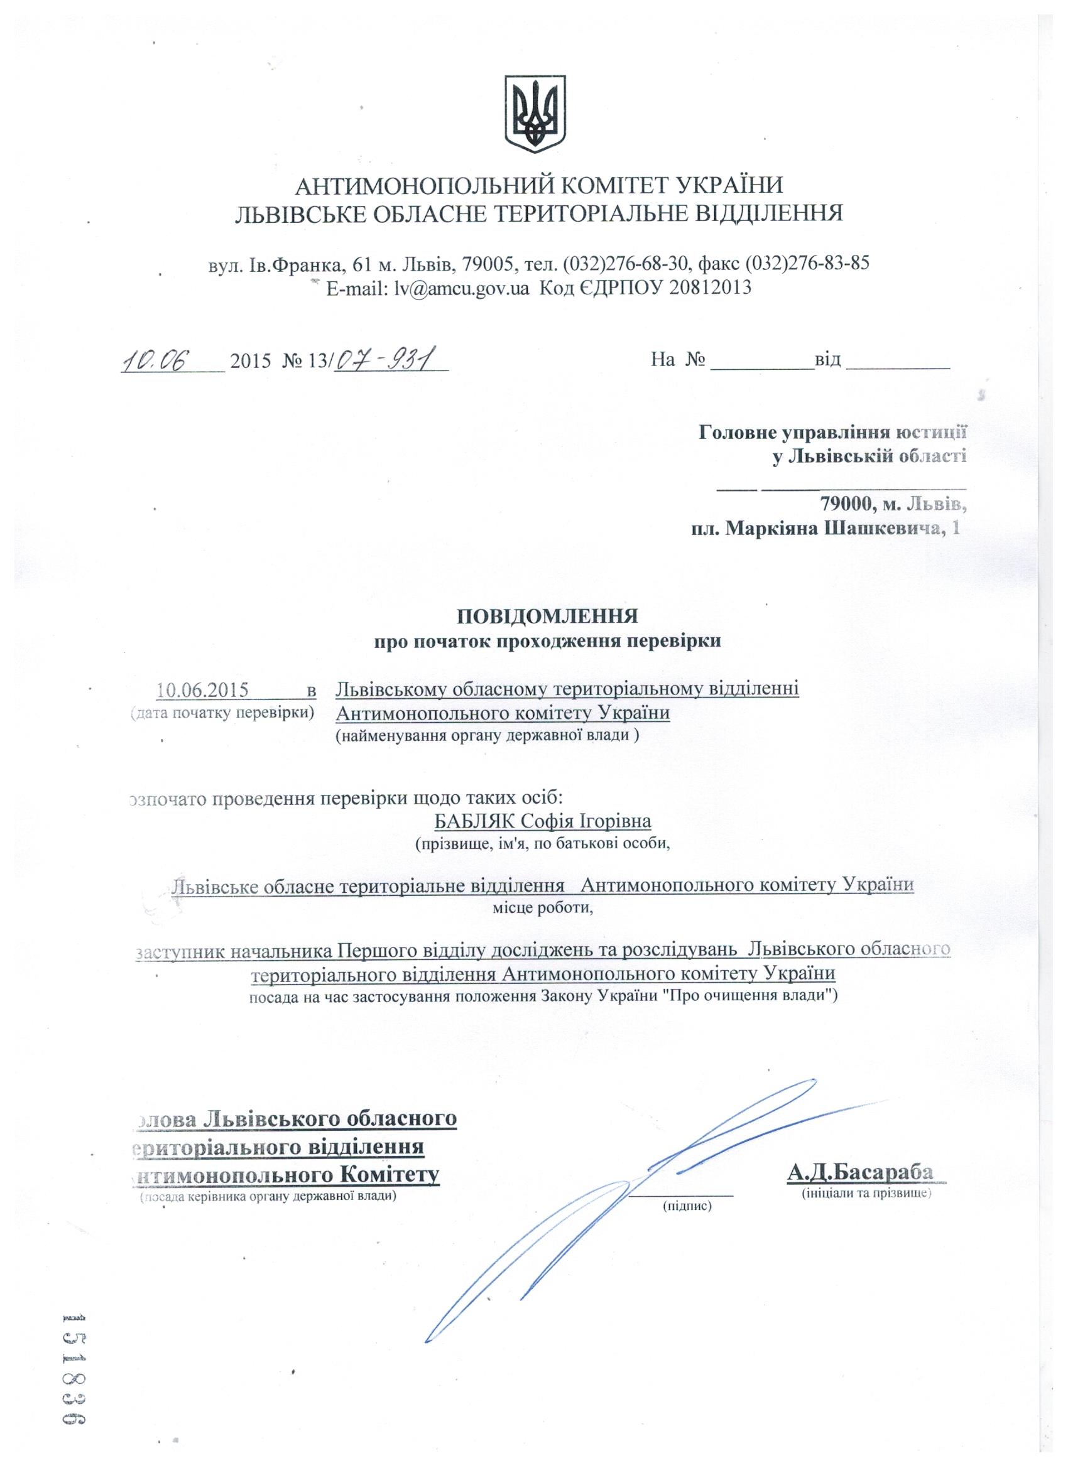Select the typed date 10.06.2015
203,689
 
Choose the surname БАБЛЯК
472,821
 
